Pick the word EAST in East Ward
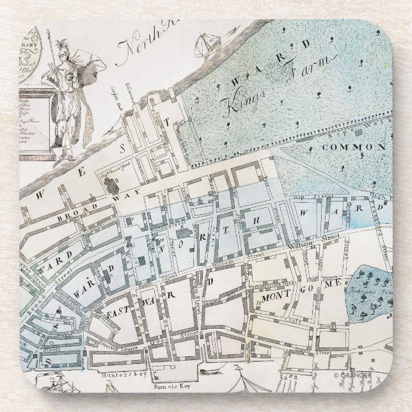120,312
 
